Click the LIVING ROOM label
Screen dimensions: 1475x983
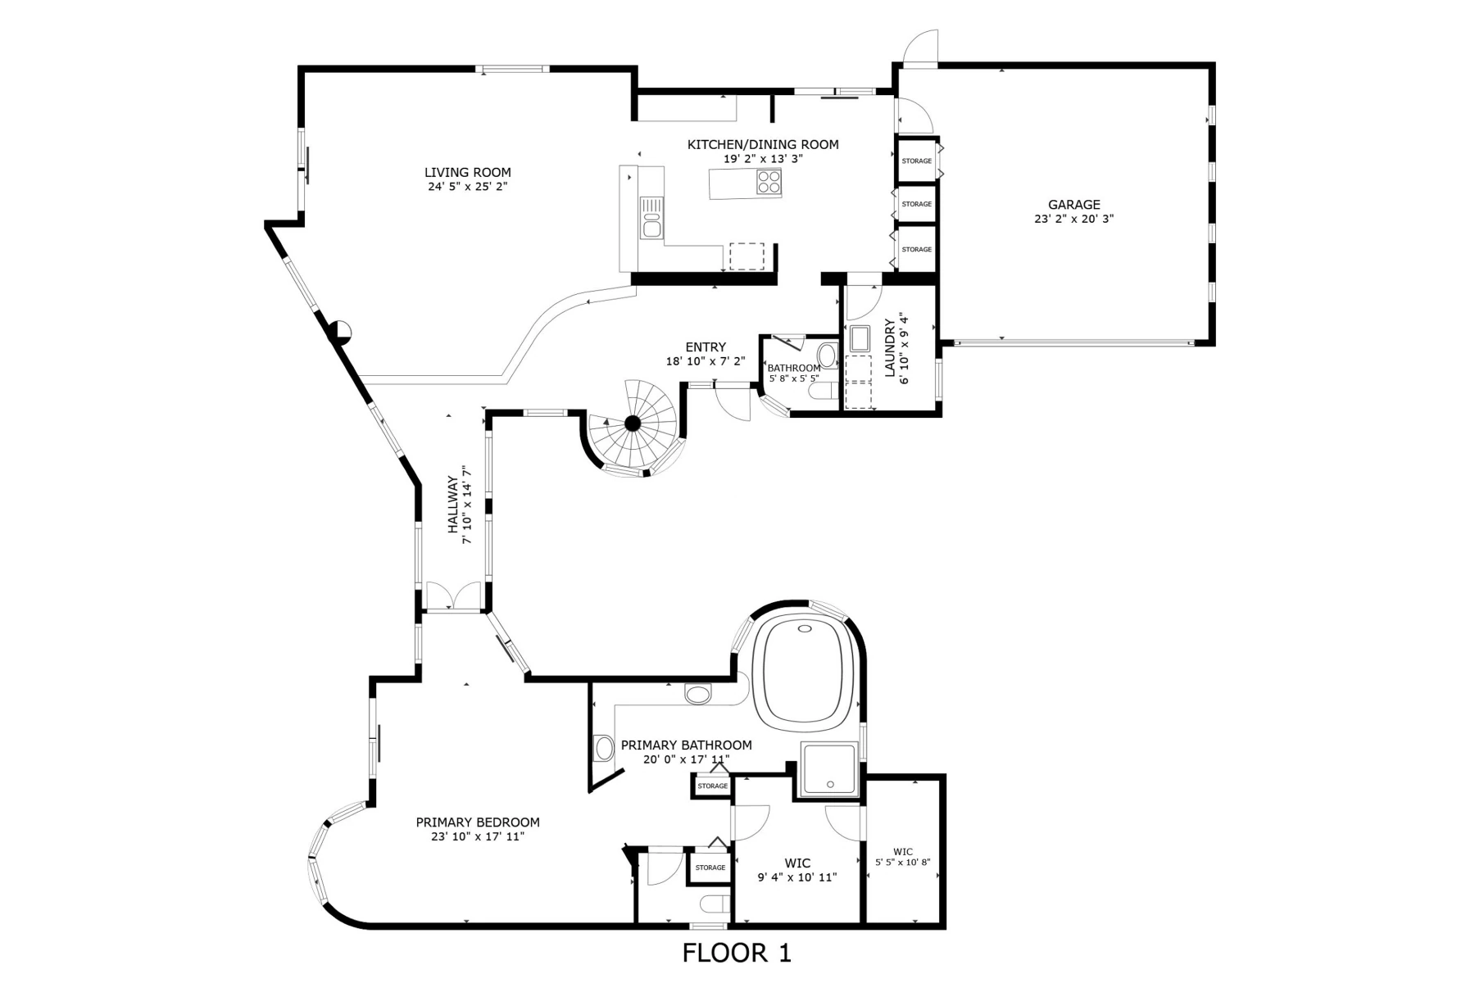467,172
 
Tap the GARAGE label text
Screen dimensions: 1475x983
1073,205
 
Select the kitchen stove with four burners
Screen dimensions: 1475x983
769,181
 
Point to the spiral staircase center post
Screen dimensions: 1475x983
633,423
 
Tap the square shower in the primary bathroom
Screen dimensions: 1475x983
829,769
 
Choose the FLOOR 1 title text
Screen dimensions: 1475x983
737,953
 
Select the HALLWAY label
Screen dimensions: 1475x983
452,505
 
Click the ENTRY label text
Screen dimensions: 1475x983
706,347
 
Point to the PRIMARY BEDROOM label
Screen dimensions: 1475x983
478,822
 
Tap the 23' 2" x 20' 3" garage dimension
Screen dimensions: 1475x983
1073,219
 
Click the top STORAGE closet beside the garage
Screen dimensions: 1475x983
916,161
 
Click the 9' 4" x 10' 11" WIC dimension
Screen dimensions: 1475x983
796,877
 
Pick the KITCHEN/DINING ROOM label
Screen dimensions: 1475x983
763,145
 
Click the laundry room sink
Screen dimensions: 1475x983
860,338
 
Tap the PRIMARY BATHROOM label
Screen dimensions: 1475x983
686,745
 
